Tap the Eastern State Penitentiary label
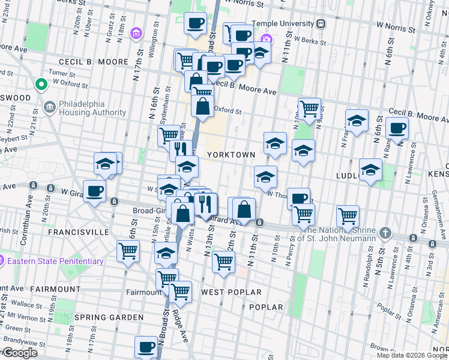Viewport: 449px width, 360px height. tap(55, 261)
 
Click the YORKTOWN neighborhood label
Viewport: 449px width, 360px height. tap(231, 155)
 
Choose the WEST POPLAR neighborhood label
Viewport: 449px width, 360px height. tap(231, 292)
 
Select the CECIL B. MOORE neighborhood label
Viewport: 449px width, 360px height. tap(93, 62)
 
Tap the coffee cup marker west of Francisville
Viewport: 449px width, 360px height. tap(94, 191)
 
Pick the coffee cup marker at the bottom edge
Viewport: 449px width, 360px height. tap(146, 346)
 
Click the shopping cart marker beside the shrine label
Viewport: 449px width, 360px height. tap(348, 216)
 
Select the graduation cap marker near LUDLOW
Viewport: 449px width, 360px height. tap(370, 169)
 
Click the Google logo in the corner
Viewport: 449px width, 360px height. tap(19, 353)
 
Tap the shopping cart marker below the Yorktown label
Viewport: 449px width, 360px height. tap(223, 262)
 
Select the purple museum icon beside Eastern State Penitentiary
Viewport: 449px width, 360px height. tap(2, 261)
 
